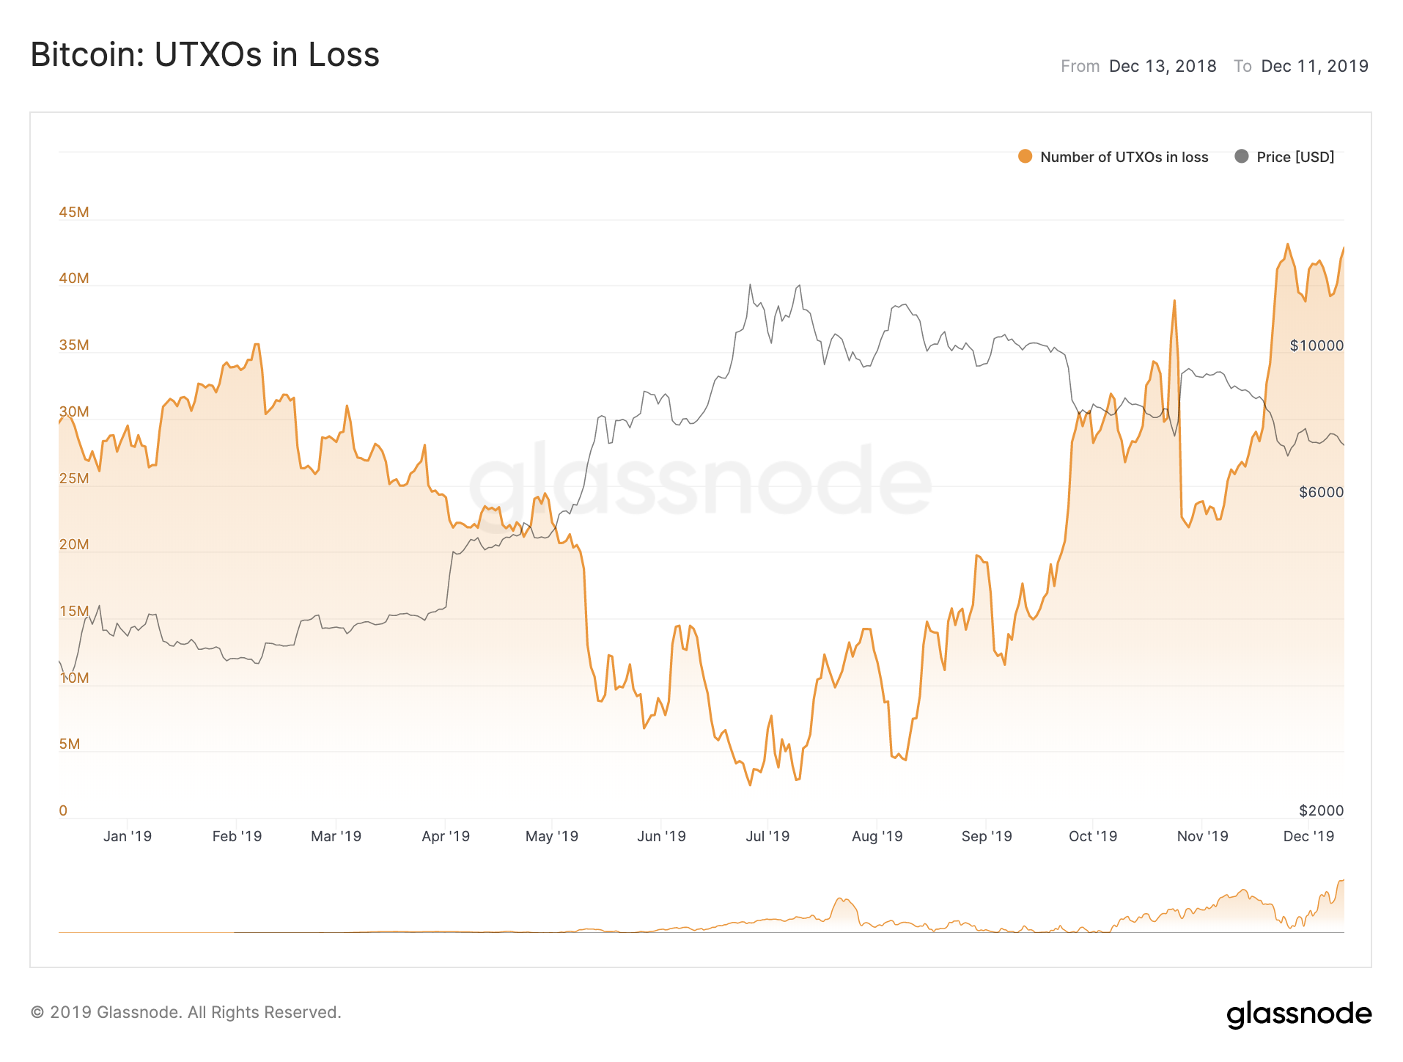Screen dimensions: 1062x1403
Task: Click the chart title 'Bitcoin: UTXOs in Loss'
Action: point(205,55)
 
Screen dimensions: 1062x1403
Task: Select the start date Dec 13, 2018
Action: point(1162,67)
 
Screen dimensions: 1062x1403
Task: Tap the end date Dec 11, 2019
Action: point(1314,67)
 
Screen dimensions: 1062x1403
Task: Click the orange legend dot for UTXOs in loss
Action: point(1025,156)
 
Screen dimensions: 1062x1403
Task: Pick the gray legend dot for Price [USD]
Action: point(1241,156)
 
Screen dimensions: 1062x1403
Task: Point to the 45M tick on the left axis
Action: point(74,212)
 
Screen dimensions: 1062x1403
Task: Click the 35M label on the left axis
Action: point(74,345)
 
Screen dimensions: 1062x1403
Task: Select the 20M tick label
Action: point(74,544)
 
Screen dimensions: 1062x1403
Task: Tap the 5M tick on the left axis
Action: point(70,744)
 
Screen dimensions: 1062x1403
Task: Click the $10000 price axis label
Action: point(1317,345)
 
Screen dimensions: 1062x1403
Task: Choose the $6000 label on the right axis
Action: point(1321,492)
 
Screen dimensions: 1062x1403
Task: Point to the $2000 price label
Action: point(1321,810)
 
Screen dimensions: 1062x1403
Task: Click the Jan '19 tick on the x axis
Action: point(128,836)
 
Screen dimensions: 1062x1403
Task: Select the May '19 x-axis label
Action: point(552,836)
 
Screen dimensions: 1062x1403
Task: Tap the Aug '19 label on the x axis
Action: point(877,836)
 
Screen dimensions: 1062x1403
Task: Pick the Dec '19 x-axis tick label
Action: point(1308,836)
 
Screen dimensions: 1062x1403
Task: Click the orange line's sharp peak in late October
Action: point(1174,301)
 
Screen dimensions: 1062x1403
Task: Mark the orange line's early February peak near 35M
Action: point(256,344)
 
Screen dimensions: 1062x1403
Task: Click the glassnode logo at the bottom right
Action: point(1299,1014)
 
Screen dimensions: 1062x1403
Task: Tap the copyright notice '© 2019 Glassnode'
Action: point(186,1012)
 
